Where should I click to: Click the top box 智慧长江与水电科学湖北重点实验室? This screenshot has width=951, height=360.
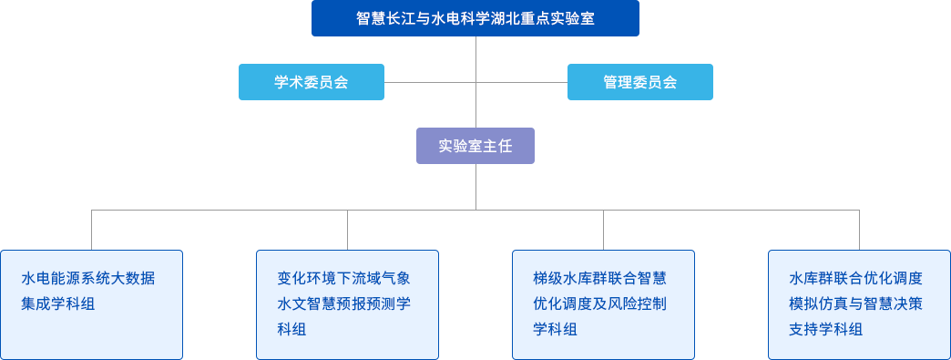tap(475, 18)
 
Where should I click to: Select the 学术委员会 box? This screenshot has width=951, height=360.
tap(312, 82)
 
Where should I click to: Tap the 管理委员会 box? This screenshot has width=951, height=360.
tap(639, 82)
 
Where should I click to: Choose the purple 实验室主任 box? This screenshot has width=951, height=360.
tap(475, 146)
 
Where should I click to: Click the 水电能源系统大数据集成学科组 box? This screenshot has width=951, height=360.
tap(92, 304)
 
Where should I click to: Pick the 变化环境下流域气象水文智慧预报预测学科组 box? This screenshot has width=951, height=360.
tap(347, 304)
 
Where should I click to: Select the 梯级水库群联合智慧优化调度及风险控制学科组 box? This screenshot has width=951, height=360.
tap(603, 304)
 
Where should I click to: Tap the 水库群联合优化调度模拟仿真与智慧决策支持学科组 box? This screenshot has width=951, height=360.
tap(859, 304)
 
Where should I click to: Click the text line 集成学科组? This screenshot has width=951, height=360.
tap(58, 303)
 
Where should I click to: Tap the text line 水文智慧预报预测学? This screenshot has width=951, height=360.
tap(343, 303)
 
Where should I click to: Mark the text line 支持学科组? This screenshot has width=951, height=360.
tap(825, 329)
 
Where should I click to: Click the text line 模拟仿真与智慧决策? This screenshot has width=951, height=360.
tap(855, 303)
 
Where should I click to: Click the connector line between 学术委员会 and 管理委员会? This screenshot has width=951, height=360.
tap(428, 82)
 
